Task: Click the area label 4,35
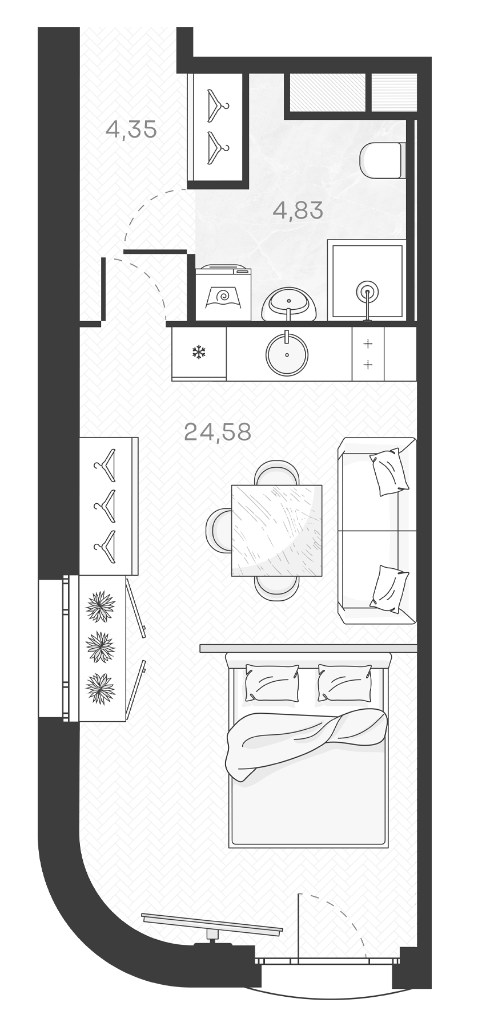tap(131, 130)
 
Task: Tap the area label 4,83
tap(298, 211)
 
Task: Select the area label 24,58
tap(218, 432)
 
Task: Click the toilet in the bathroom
tap(381, 159)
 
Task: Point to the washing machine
tap(223, 293)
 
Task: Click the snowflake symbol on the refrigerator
tap(198, 352)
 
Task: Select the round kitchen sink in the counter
tap(287, 354)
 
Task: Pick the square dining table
tap(276, 530)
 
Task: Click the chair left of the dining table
tap(218, 529)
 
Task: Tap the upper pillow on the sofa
tap(389, 471)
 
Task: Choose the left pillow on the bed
tap(272, 682)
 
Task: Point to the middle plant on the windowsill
tap(100, 647)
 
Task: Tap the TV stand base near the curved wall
tap(212, 944)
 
